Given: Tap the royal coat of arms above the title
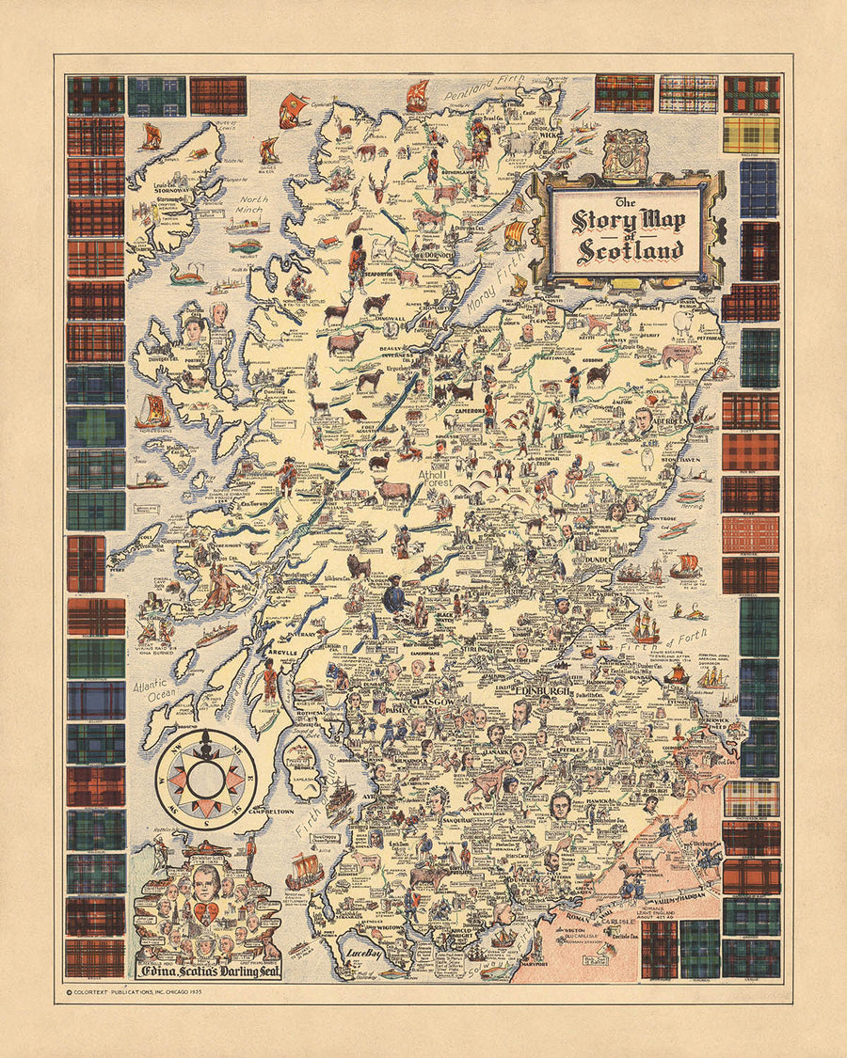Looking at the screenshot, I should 623,150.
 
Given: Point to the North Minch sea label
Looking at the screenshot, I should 252,205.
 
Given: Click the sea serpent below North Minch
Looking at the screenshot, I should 185,275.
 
